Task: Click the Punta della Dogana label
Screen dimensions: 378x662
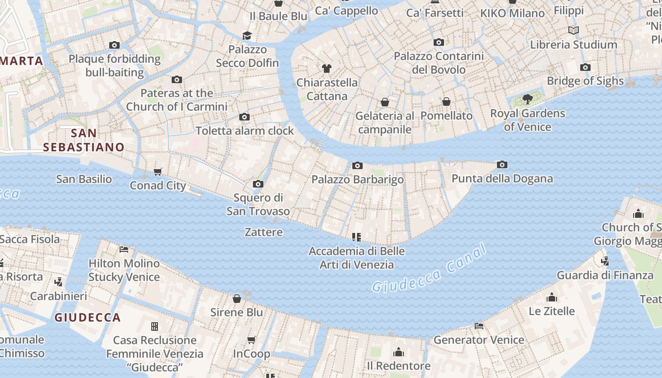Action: [502, 179]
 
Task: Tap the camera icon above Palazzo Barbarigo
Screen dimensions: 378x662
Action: [357, 165]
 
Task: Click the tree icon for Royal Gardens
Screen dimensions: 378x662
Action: [527, 99]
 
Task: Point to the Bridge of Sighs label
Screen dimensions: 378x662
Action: [585, 81]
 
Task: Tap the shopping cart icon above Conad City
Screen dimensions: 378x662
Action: [158, 172]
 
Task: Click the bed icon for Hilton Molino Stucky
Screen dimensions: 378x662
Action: [124, 249]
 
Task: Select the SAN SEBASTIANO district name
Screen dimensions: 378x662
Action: [84, 140]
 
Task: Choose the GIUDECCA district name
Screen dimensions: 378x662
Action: [87, 318]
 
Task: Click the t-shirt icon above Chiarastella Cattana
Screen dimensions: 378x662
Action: [327, 68]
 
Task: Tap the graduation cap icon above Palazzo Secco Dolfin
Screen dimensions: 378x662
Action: [247, 35]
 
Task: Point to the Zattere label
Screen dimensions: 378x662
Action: [263, 232]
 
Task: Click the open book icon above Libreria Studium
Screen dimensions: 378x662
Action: [573, 31]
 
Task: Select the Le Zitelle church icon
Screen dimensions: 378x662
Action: [551, 297]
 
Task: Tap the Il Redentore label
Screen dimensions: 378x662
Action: [399, 366]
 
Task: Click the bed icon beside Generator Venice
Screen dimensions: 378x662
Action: [479, 326]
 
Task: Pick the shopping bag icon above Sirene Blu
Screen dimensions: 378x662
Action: [237, 299]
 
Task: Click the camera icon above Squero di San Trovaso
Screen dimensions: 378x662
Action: [258, 184]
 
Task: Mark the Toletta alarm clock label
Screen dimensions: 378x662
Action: [244, 131]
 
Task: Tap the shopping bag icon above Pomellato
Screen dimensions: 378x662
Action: [446, 102]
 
